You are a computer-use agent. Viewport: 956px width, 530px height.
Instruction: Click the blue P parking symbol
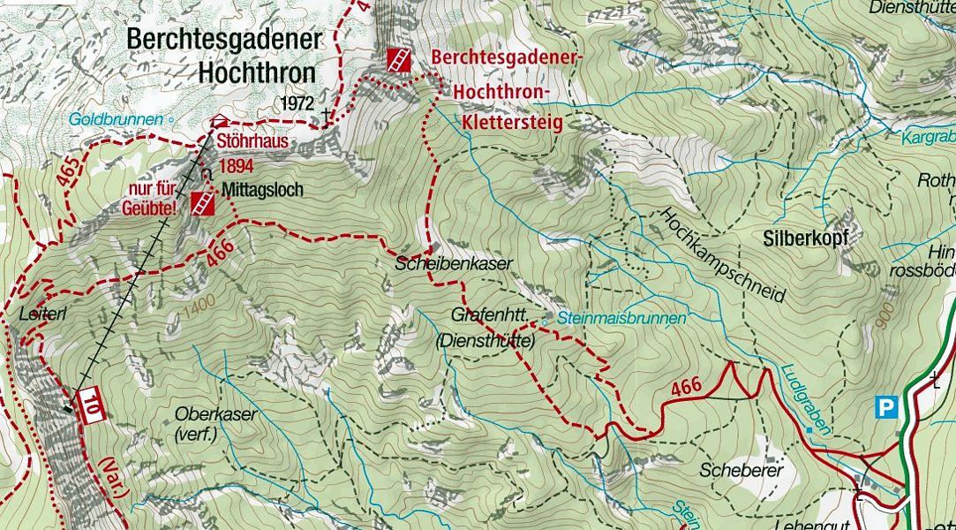885,406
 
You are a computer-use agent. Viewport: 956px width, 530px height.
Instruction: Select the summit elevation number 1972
297,103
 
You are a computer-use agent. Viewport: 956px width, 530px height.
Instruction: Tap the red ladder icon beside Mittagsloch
202,204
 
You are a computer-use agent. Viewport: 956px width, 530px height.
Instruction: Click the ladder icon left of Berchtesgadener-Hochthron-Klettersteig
398,60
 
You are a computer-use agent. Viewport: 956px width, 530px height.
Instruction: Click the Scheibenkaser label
441,263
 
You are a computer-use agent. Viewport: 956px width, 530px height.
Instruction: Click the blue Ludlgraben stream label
805,399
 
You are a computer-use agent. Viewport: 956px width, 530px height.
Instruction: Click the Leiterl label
37,314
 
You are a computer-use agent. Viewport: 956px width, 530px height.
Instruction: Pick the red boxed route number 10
91,405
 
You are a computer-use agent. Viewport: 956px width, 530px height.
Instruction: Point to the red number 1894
236,165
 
